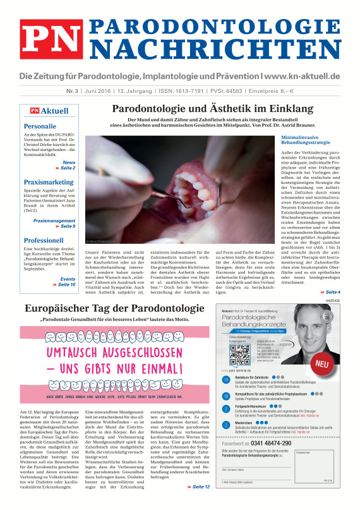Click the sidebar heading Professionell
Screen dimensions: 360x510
(x=44, y=240)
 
